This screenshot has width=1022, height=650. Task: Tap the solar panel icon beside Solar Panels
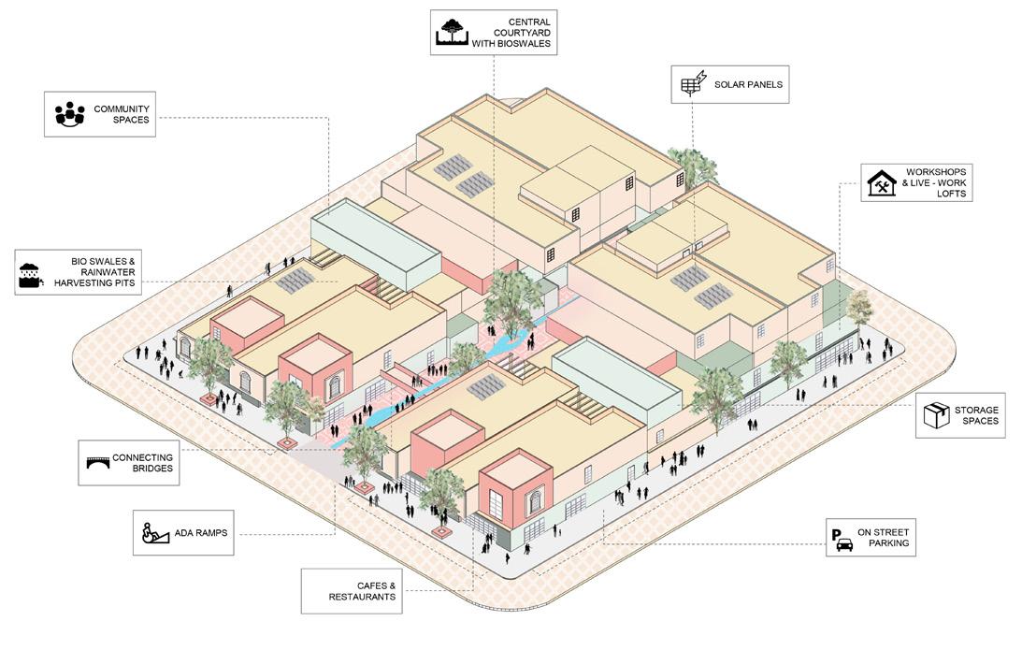click(692, 84)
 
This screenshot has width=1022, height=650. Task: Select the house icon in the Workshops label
click(881, 182)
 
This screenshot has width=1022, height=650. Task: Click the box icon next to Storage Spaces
click(936, 415)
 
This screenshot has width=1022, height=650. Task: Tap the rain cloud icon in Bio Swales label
click(30, 272)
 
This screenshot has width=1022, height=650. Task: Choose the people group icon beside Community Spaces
click(69, 113)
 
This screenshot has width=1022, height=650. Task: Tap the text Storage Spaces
click(976, 415)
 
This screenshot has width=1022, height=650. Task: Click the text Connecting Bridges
click(143, 462)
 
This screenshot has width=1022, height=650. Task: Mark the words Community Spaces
click(122, 114)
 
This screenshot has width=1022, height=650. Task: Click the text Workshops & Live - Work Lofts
click(936, 182)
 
